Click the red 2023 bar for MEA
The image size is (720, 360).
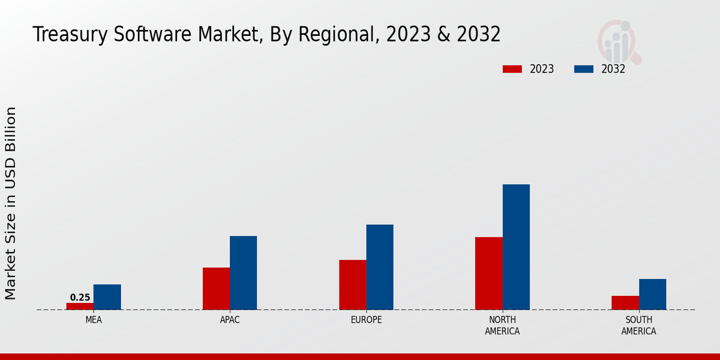[x=80, y=306]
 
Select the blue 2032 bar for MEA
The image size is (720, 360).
[x=107, y=297]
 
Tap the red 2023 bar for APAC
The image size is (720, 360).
[x=216, y=289]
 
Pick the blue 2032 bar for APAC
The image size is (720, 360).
[x=243, y=273]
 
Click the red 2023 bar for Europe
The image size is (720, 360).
[x=352, y=285]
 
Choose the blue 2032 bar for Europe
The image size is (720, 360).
[x=380, y=267]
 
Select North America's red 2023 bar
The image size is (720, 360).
[x=488, y=274]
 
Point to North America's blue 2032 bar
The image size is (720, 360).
[x=516, y=247]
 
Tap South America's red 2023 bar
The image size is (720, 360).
[x=625, y=302]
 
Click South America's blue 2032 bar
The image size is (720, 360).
[x=652, y=294]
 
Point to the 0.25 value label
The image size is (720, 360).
[x=80, y=298]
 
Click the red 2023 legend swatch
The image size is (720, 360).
[x=512, y=69]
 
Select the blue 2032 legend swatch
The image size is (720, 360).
[x=583, y=69]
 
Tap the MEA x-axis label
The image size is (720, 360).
[x=94, y=320]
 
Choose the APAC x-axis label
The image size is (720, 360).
[x=230, y=320]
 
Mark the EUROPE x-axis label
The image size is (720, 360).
[x=366, y=320]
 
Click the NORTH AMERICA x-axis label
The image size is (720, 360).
[x=502, y=325]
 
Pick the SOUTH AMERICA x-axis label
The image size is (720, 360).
[x=638, y=325]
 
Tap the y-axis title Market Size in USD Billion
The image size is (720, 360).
[x=11, y=203]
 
